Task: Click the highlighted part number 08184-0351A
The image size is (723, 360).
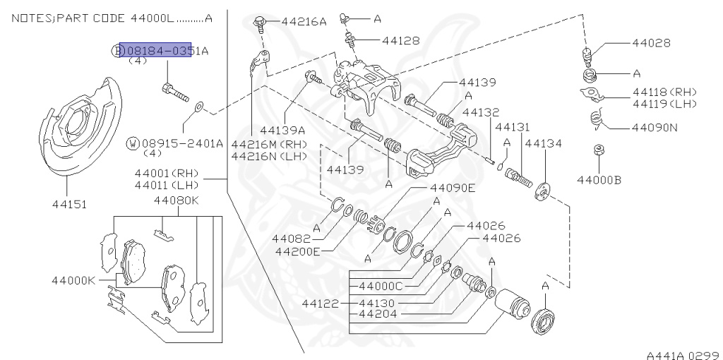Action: click(155, 50)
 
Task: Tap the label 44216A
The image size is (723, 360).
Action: click(304, 22)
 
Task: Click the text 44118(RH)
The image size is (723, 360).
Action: click(664, 92)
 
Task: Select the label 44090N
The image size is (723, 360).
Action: click(655, 128)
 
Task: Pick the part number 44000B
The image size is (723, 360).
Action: click(599, 179)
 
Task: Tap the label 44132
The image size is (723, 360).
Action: click(481, 112)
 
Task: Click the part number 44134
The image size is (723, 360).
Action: click(543, 143)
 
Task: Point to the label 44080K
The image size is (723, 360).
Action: click(177, 200)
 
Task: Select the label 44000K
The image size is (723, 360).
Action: click(73, 280)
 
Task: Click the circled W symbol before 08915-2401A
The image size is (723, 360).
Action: click(133, 143)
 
